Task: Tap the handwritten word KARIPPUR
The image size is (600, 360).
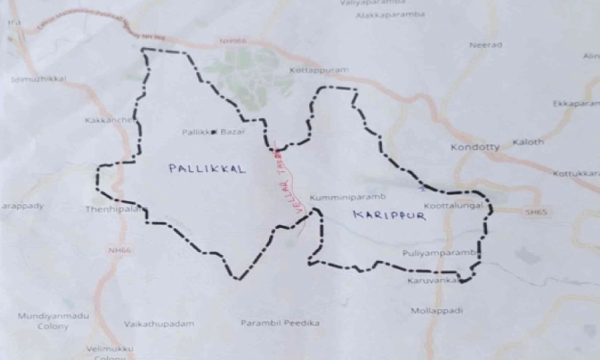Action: [378, 216]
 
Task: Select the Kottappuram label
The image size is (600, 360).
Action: [319, 71]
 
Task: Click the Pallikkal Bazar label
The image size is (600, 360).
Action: [214, 133]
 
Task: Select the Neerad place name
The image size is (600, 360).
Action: [486, 45]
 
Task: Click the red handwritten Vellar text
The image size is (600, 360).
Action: [278, 189]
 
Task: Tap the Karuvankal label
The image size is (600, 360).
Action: [432, 281]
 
